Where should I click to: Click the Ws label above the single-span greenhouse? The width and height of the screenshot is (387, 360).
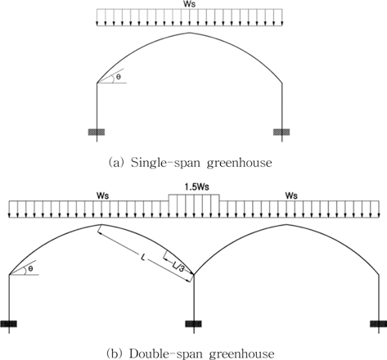click(189, 4)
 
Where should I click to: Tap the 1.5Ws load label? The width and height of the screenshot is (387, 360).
click(196, 187)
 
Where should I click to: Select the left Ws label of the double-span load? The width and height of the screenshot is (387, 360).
click(102, 196)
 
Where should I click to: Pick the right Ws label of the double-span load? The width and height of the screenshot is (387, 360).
click(291, 196)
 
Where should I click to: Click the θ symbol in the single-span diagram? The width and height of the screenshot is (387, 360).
click(118, 77)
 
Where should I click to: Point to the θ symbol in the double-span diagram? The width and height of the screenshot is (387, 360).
click(30, 268)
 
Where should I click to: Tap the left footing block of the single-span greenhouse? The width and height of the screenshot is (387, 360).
click(97, 133)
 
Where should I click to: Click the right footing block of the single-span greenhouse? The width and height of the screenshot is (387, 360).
click(281, 133)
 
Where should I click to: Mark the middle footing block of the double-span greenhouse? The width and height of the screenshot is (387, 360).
click(194, 324)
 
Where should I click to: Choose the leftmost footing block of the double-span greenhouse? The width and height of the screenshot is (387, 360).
click(9, 324)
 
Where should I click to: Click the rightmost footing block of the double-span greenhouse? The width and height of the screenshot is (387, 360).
click(379, 324)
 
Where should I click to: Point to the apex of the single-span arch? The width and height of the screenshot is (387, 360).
click(190, 33)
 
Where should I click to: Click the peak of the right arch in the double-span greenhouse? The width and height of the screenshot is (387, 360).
click(286, 225)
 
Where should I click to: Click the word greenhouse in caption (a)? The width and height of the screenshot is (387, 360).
click(240, 164)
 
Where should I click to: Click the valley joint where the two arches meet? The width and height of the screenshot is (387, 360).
click(194, 274)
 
